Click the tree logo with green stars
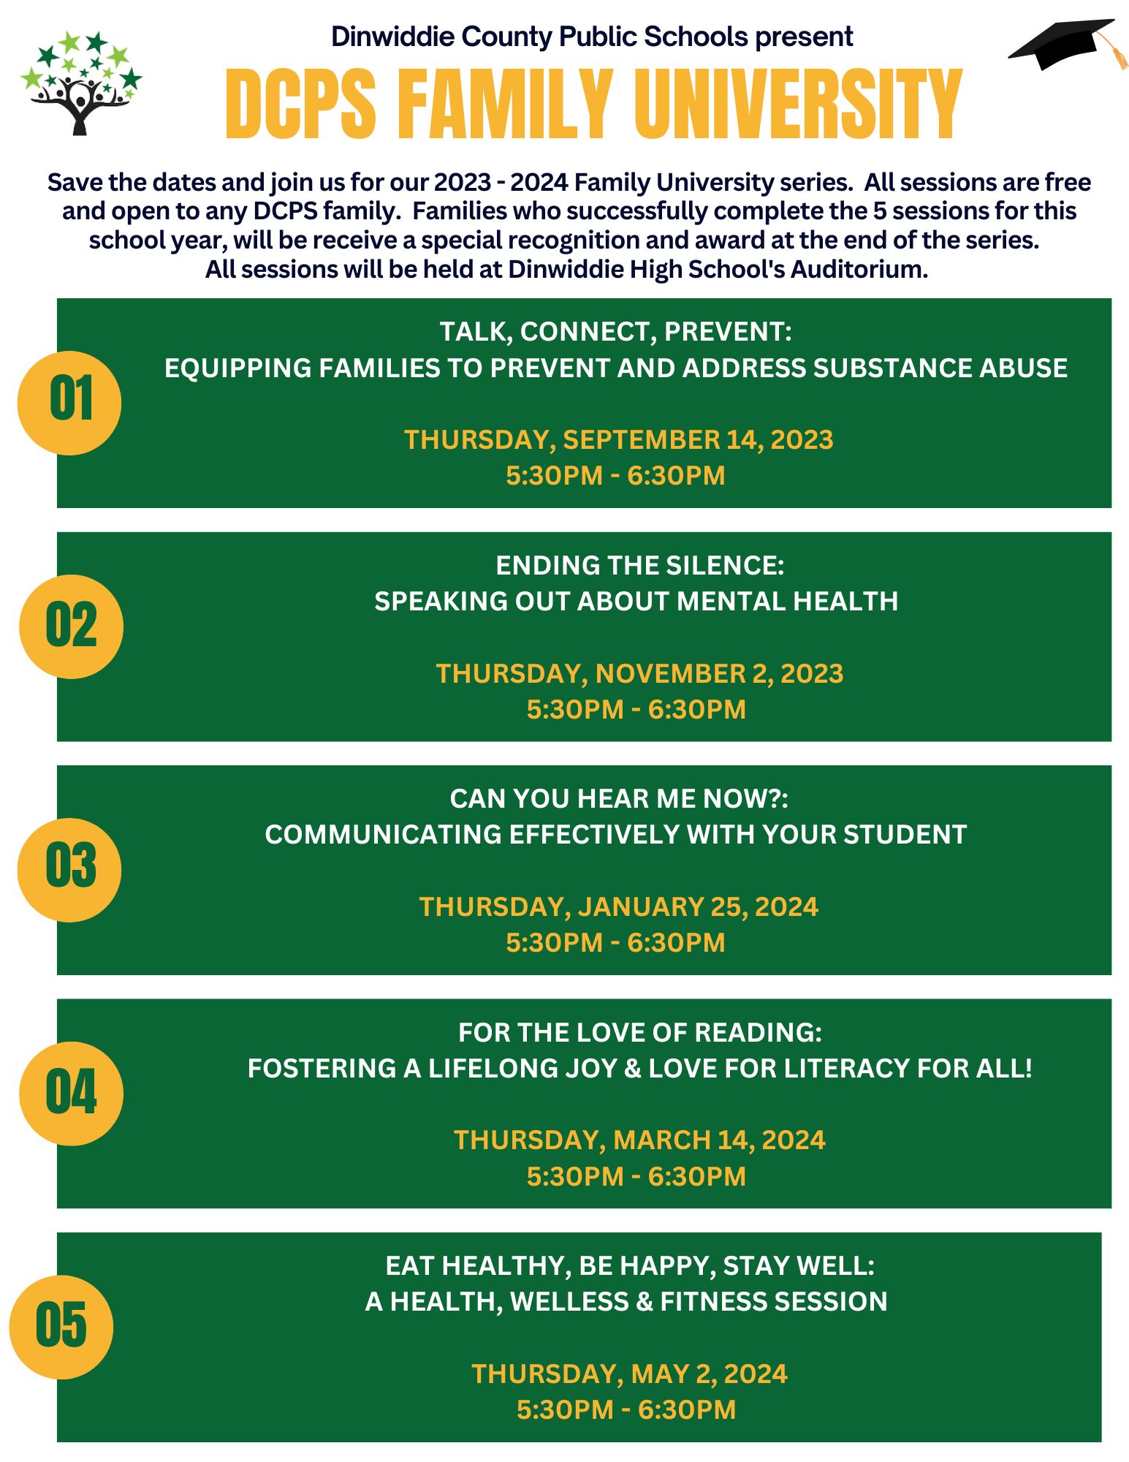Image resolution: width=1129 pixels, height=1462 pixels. pos(80,82)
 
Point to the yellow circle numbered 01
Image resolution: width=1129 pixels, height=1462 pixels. pos(69,403)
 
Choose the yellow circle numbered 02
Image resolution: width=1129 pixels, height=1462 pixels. pos(71,626)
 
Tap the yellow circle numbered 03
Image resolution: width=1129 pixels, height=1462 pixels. pos(69,869)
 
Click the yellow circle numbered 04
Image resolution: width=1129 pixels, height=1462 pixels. pos(71,1093)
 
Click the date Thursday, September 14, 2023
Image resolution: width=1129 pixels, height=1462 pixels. pos(618,440)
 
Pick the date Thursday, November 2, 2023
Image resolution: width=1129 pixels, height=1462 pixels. pos(639,673)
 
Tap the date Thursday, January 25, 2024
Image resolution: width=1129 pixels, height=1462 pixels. pos(618,906)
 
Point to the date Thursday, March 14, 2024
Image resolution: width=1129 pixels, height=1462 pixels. pos(639,1140)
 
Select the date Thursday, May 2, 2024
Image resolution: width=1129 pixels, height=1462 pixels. pos(629,1374)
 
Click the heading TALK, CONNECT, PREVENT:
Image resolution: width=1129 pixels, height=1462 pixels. pos(615,332)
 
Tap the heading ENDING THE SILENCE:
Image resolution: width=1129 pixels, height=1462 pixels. pos(639,565)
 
